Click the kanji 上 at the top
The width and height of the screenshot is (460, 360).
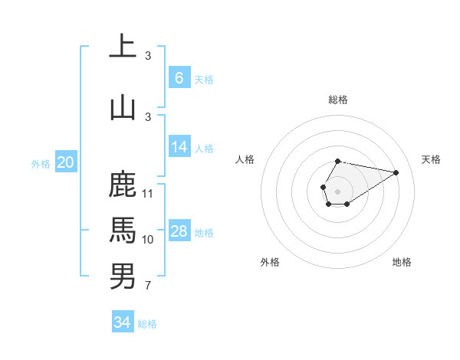click(x=123, y=47)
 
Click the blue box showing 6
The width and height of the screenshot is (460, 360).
click(x=179, y=78)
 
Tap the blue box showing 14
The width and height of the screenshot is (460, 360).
click(x=179, y=148)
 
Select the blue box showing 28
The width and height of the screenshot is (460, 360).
click(x=179, y=231)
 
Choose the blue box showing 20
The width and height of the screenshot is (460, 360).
click(x=66, y=162)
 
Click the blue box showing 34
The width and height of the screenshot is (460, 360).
click(x=122, y=322)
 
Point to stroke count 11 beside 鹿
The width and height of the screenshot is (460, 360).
click(x=149, y=193)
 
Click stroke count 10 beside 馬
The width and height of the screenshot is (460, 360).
click(x=149, y=240)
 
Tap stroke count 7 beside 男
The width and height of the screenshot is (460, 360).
click(x=148, y=286)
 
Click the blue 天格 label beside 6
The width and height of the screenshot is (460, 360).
click(x=203, y=80)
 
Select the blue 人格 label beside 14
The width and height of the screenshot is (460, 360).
click(x=203, y=149)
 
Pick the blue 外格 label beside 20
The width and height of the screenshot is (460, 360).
click(x=41, y=163)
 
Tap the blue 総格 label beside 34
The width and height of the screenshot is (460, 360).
click(x=147, y=324)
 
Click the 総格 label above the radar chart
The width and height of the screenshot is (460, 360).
click(x=337, y=100)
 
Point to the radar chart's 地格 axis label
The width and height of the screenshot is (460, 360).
click(x=402, y=262)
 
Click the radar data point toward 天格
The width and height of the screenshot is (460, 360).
click(x=396, y=172)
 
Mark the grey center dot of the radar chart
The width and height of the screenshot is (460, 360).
click(x=337, y=190)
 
